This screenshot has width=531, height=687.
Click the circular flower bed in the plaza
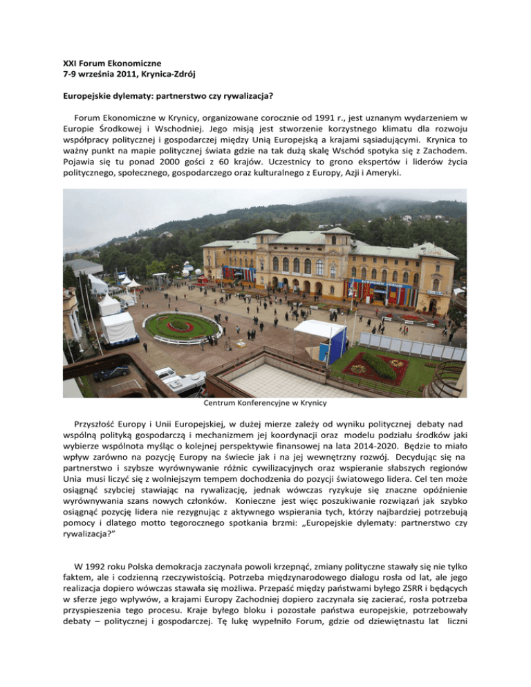pyautogui.click(x=182, y=325)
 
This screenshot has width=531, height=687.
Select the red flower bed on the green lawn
pyautogui.click(x=378, y=366)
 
